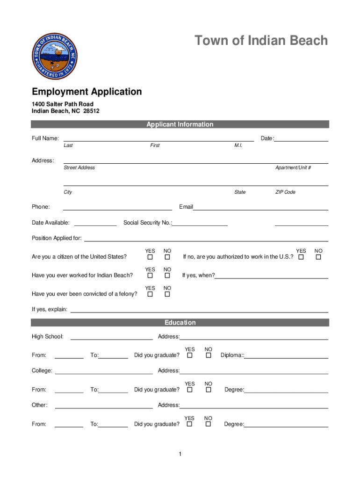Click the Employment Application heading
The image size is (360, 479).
click(x=86, y=92)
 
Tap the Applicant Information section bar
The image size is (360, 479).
click(x=180, y=124)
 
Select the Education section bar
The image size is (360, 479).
click(x=180, y=323)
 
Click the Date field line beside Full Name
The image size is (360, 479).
click(x=301, y=140)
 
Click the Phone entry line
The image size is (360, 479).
click(x=117, y=209)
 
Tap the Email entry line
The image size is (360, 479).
click(x=260, y=209)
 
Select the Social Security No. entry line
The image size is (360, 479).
click(x=200, y=225)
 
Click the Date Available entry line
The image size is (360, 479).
click(x=95, y=225)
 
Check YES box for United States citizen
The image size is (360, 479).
click(x=150, y=257)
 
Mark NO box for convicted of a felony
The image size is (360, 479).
click(x=167, y=294)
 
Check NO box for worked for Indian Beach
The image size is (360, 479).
click(x=167, y=276)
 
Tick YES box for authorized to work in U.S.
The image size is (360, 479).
click(x=301, y=257)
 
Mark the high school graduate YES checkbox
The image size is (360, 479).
click(x=189, y=356)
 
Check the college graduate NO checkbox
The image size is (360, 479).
click(x=209, y=390)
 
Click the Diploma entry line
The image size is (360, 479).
click(x=286, y=357)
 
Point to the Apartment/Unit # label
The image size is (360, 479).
click(x=293, y=168)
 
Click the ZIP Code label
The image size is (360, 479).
click(x=285, y=192)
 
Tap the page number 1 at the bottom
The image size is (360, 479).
click(x=180, y=454)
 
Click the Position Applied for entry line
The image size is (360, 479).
click(x=206, y=240)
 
